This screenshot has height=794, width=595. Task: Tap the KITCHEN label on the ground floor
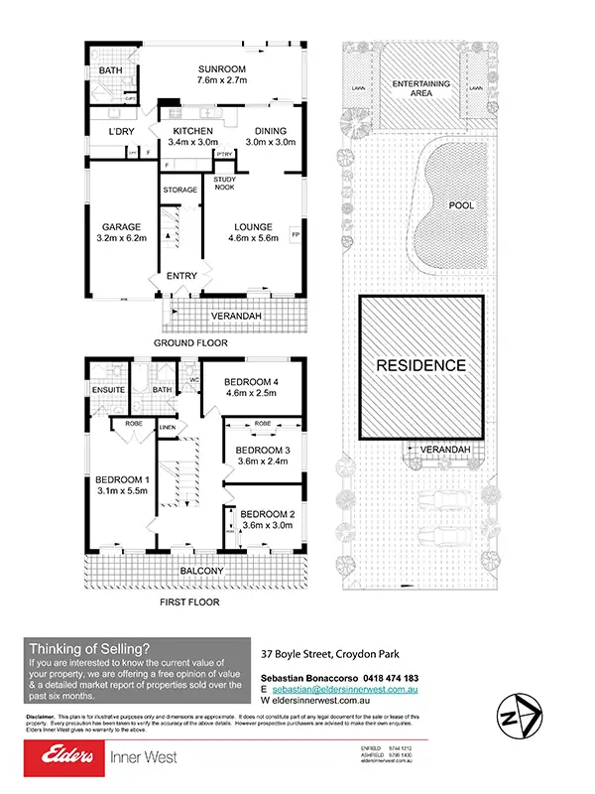point(193,131)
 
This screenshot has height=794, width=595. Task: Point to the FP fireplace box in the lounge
point(295,234)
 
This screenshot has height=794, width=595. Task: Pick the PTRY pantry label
point(224,154)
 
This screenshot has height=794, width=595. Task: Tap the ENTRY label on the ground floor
point(182,276)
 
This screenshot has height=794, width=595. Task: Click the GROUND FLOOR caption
point(190,342)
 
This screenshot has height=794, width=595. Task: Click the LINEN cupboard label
point(168,428)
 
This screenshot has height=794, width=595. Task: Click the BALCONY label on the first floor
point(201,572)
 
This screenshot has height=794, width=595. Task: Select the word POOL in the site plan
point(461,205)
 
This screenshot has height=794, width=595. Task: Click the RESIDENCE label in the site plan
point(419,365)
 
